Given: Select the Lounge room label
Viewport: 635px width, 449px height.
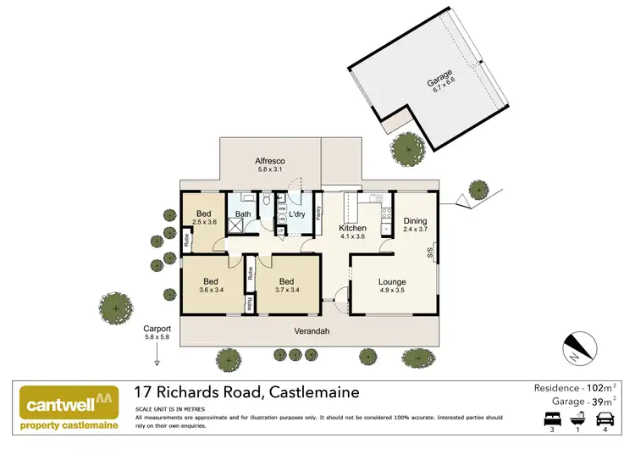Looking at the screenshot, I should pyautogui.click(x=392, y=282).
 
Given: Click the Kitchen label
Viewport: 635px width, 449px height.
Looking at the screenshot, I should pyautogui.click(x=352, y=228).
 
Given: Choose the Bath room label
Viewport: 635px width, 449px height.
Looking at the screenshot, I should pyautogui.click(x=243, y=214).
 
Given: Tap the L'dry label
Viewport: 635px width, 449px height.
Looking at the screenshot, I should pyautogui.click(x=296, y=214).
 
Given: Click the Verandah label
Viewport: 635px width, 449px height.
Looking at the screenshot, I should pyautogui.click(x=311, y=330).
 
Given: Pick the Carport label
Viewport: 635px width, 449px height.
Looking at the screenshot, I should pyautogui.click(x=157, y=328).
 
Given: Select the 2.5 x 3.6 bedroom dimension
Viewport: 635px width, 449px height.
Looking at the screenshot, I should pyautogui.click(x=205, y=222).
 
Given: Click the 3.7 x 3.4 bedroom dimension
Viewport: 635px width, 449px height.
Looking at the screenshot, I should pyautogui.click(x=286, y=291).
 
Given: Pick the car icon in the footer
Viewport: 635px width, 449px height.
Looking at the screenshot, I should pyautogui.click(x=605, y=418).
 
